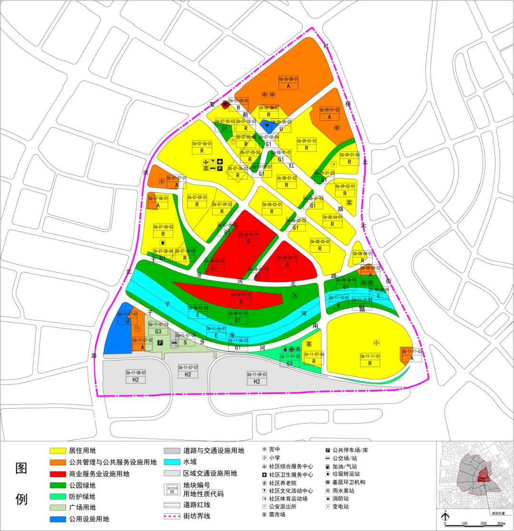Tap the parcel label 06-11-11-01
370,356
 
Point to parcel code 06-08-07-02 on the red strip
241,295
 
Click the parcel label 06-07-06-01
202,143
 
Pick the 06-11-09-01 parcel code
257,374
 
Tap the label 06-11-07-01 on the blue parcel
127,314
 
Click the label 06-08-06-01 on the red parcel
287,257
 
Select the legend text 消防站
342,498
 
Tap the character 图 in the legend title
21,468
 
